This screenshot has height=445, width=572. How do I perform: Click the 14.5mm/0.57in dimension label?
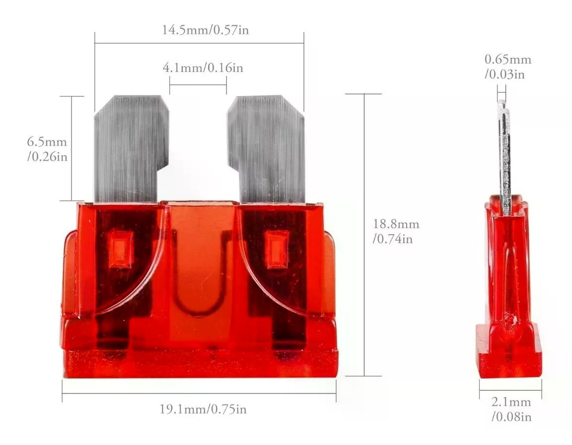pyautogui.click(x=206, y=30)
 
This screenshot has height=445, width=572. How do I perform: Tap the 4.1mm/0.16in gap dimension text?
pyautogui.click(x=203, y=68)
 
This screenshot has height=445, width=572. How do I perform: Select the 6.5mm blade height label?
pyautogui.click(x=48, y=149)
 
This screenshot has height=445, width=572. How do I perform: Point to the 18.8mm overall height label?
pyautogui.click(x=396, y=231)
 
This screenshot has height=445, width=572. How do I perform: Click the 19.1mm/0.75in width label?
pyautogui.click(x=203, y=409)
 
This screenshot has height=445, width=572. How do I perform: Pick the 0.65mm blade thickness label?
pyautogui.click(x=508, y=66)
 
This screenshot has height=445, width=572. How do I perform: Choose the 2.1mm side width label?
pyautogui.click(x=511, y=409)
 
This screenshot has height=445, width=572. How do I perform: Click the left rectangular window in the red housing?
pyautogui.click(x=120, y=249)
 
